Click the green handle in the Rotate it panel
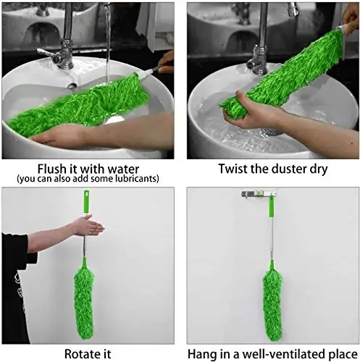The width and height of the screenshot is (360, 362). click(x=87, y=206)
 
